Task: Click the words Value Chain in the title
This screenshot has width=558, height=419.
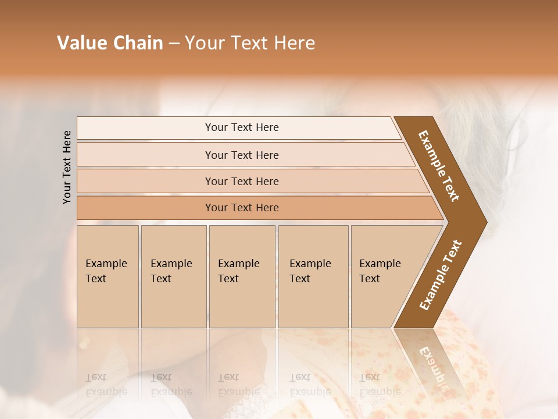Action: pyautogui.click(x=110, y=43)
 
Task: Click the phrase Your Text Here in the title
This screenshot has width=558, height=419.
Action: pyautogui.click(x=250, y=43)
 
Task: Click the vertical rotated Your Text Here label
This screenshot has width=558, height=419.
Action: pyautogui.click(x=67, y=167)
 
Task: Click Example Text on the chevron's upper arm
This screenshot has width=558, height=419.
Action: pyautogui.click(x=439, y=166)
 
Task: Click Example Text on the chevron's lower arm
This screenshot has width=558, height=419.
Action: pyautogui.click(x=440, y=275)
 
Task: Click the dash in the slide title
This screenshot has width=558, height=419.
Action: pyautogui.click(x=174, y=44)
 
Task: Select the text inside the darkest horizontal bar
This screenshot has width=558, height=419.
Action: pyautogui.click(x=242, y=208)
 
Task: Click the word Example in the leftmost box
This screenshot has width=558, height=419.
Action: pyautogui.click(x=106, y=264)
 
